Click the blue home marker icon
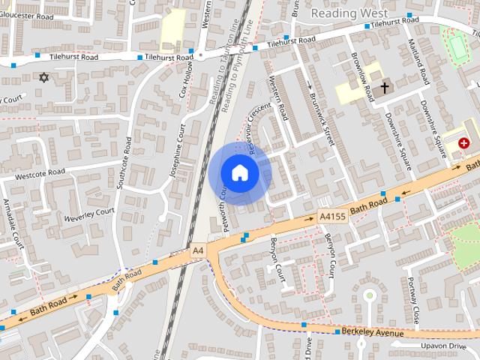(x=239, y=173)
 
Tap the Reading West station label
(x=349, y=13)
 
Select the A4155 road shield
(x=331, y=216)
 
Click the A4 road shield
(x=197, y=250)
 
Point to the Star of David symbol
(x=43, y=77)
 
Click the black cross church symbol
(x=385, y=88)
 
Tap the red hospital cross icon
(x=463, y=142)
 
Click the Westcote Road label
(x=40, y=175)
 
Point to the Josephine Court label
(x=178, y=150)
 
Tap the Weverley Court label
(x=89, y=214)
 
